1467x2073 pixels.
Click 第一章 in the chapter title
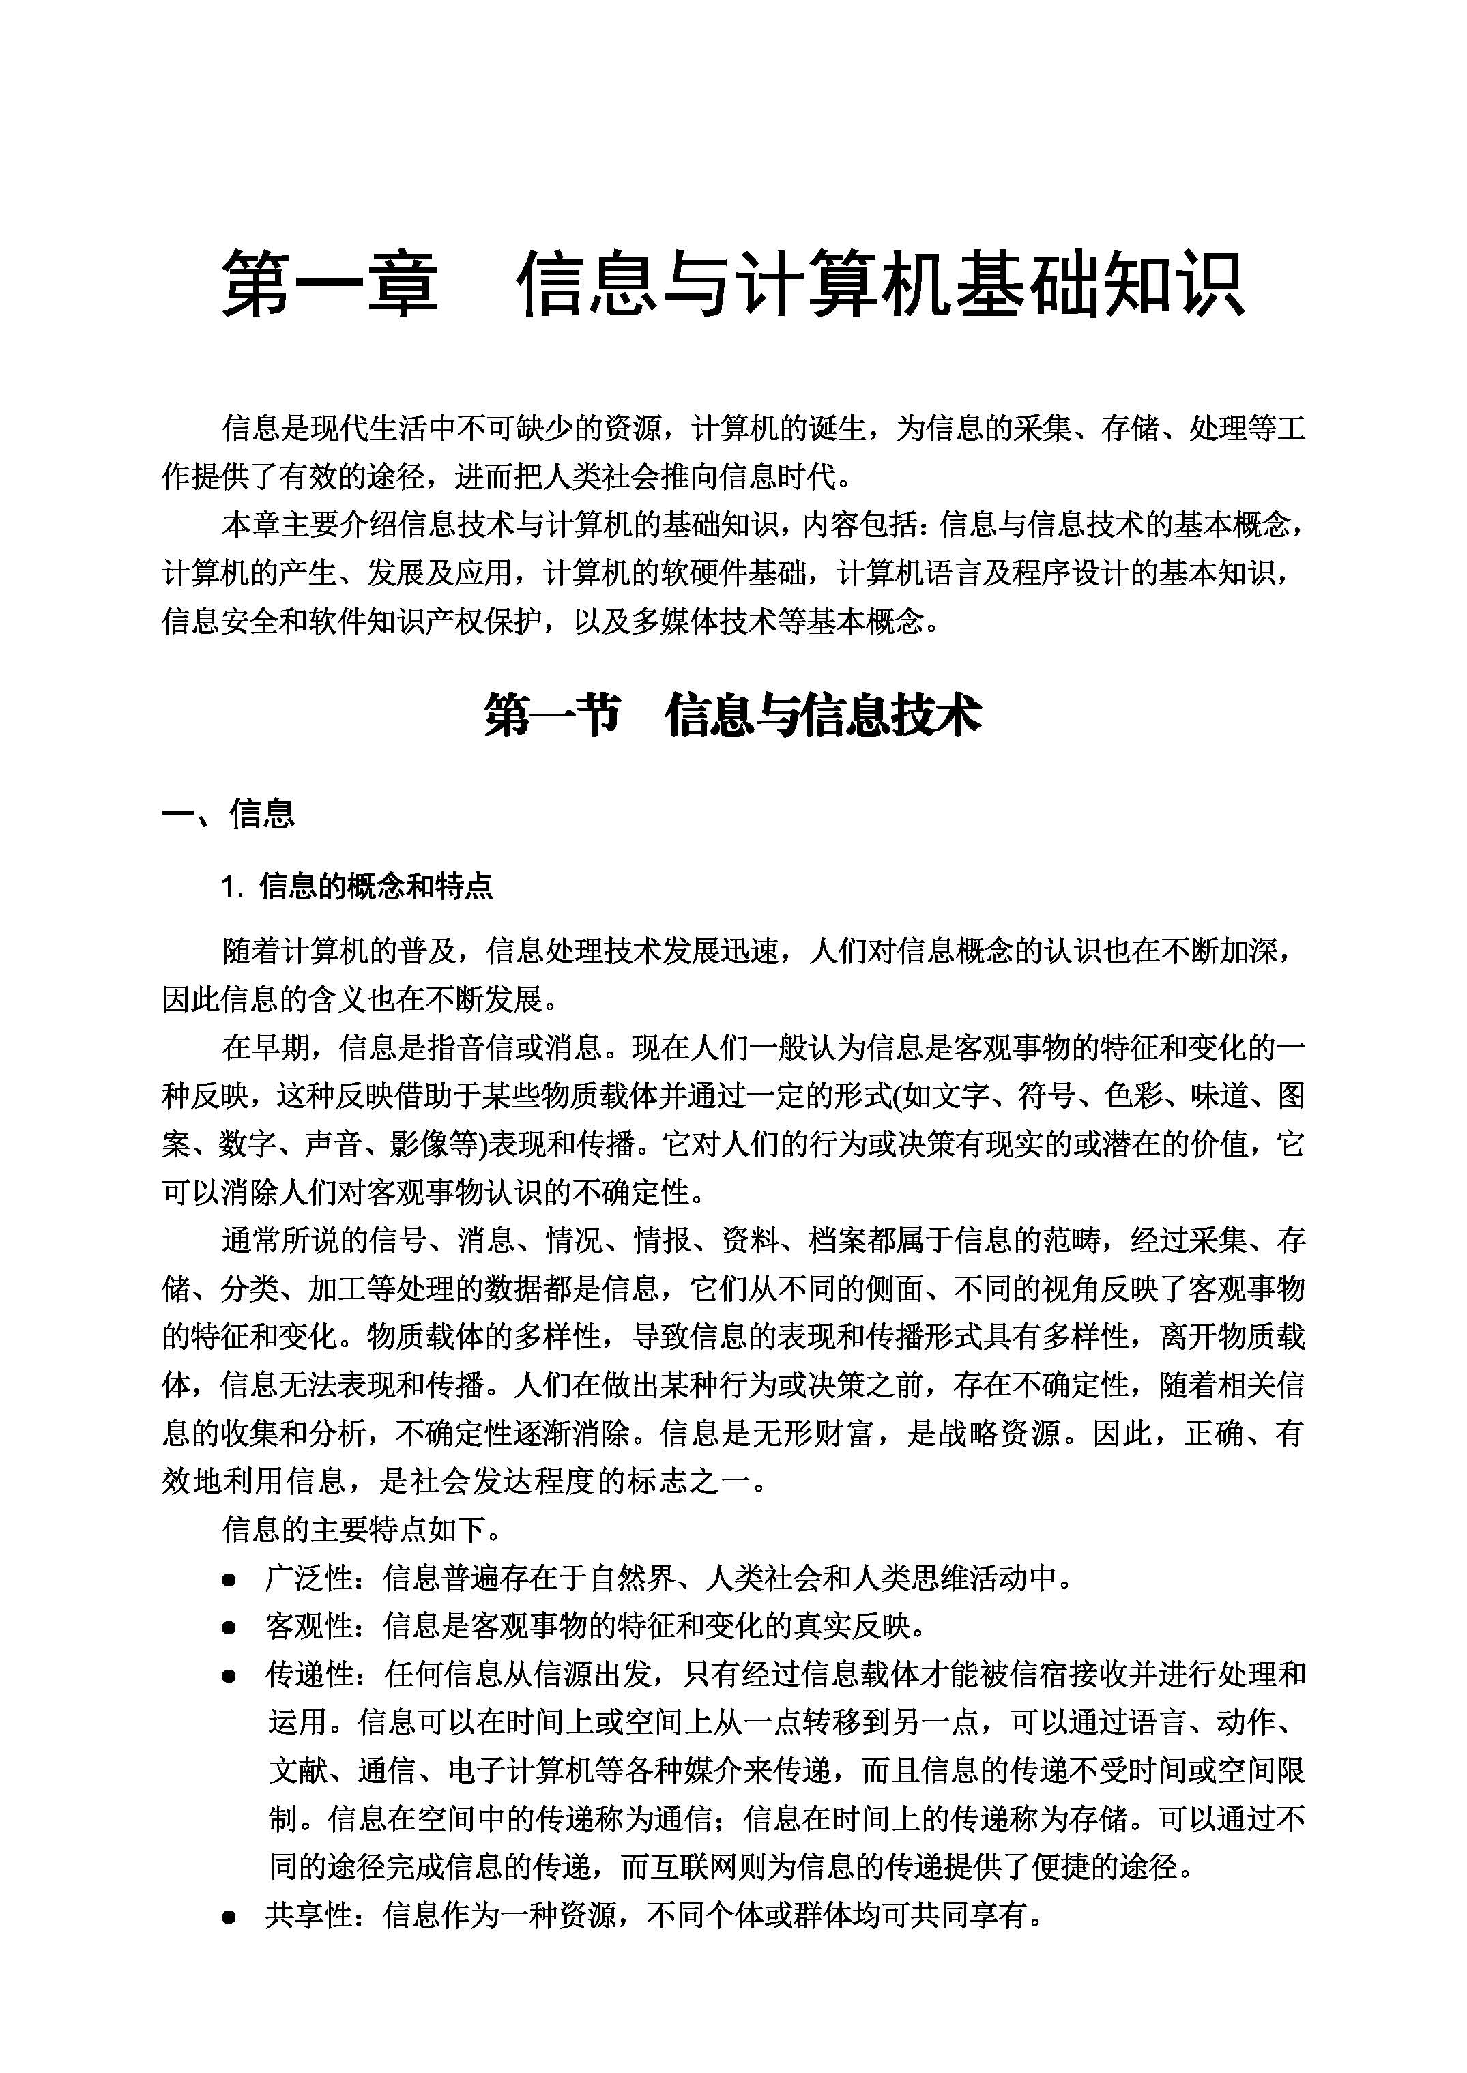pyautogui.click(x=330, y=285)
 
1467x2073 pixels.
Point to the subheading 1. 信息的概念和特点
pyautogui.click(x=358, y=887)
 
